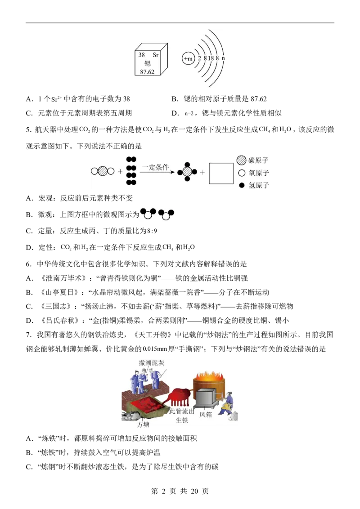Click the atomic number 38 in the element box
[x=142, y=55]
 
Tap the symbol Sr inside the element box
[x=156, y=55]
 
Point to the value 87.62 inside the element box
[x=147, y=72]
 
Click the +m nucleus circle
[x=188, y=59]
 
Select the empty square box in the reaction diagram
[x=221, y=174]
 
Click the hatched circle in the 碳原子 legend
[x=241, y=160]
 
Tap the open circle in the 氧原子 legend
[x=241, y=173]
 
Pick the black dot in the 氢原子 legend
[x=241, y=185]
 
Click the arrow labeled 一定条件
[x=158, y=172]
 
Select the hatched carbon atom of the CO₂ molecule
[x=103, y=171]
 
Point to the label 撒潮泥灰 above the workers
[x=151, y=362]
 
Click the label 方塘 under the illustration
[x=143, y=424]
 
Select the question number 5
[x=29, y=130]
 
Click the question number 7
[x=29, y=335]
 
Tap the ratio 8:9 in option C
[x=152, y=231]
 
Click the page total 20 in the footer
[x=194, y=491]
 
